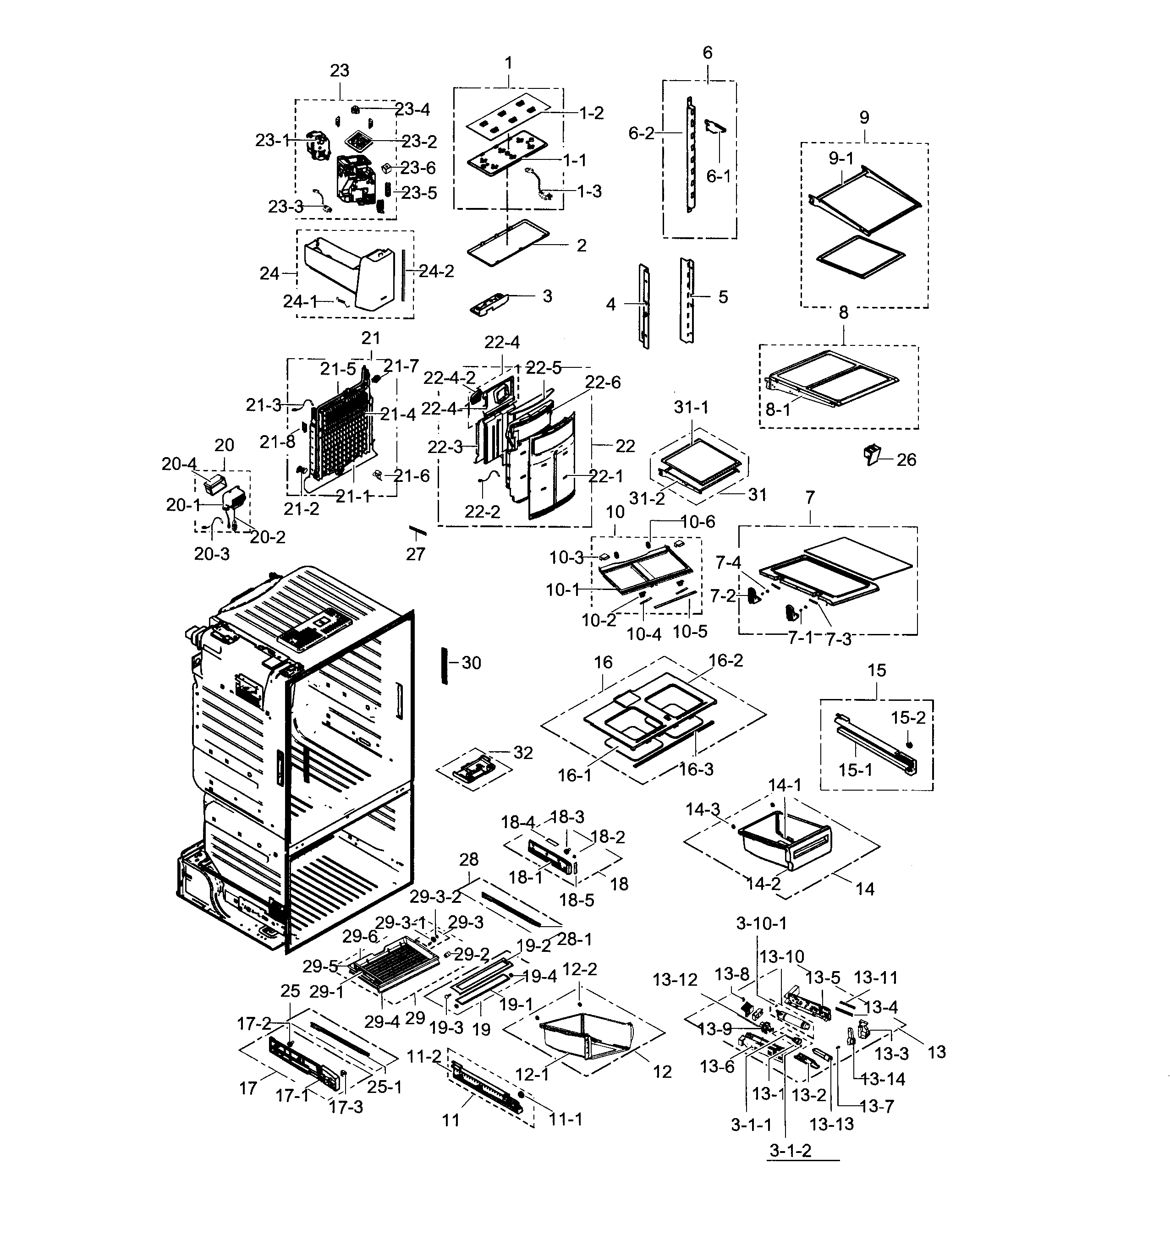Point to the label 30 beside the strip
point(471,663)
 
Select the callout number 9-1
point(840,158)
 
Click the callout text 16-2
point(725,660)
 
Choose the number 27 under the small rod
point(415,554)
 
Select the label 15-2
point(908,718)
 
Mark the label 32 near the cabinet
point(523,753)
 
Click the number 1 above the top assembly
point(508,63)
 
